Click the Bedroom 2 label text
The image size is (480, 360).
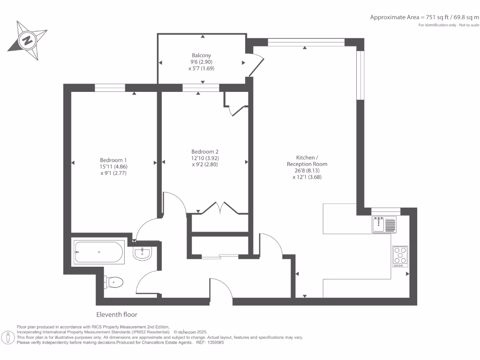pyautogui.click(x=205, y=151)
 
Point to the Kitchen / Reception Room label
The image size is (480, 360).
pyautogui.click(x=307, y=161)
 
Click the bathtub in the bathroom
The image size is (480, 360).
pyautogui.click(x=99, y=252)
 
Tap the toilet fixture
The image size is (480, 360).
pyautogui.click(x=114, y=282)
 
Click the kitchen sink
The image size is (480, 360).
pyautogui.click(x=384, y=224)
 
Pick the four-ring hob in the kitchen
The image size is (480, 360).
pyautogui.click(x=400, y=256)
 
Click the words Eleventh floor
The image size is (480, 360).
pyautogui.click(x=117, y=315)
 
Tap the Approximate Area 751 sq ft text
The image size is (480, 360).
pyautogui.click(x=424, y=17)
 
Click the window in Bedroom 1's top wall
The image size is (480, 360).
pyautogui.click(x=110, y=87)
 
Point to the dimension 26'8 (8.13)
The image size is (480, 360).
pyautogui.click(x=307, y=171)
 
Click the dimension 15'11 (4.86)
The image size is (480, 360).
pyautogui.click(x=113, y=166)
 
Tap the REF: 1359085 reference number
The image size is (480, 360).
pyautogui.click(x=211, y=343)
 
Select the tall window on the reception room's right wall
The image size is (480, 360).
pyautogui.click(x=360, y=75)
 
